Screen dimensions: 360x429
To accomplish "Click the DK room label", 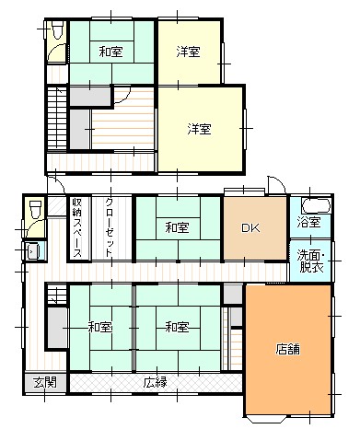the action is [250, 227].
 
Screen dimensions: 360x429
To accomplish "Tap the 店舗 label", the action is [287, 349].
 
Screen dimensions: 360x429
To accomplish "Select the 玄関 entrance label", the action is [45, 382].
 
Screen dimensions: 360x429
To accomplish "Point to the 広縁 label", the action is [156, 382].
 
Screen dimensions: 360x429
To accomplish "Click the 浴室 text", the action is [309, 222].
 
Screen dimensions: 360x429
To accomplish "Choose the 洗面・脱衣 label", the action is [311, 261].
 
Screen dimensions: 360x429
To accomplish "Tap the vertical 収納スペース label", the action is [76, 227].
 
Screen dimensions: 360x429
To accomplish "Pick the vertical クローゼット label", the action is [109, 227].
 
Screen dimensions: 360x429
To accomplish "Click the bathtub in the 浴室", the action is [316, 206].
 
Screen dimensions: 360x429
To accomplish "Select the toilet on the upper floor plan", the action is [57, 29].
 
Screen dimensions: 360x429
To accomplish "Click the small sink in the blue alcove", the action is [33, 250].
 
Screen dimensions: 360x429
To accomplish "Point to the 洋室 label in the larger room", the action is [199, 129].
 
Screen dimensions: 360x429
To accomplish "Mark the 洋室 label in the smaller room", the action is [188, 52].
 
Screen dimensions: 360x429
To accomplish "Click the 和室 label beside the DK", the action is [177, 227].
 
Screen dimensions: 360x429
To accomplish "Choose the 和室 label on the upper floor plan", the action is [110, 52].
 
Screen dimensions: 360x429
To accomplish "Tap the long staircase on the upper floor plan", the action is [57, 118].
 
